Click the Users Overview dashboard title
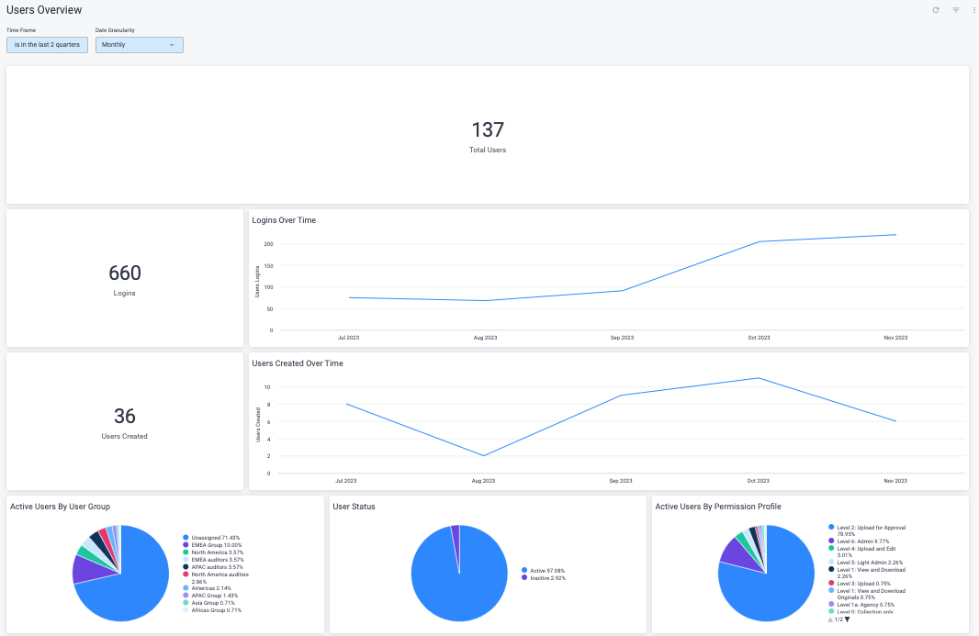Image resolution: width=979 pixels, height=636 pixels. [x=44, y=10]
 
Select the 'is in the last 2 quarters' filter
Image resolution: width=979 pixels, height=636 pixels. [x=47, y=45]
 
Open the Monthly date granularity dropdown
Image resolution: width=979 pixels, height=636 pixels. [x=139, y=45]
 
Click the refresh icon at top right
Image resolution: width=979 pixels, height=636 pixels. [x=936, y=10]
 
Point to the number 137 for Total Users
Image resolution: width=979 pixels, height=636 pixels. [x=488, y=129]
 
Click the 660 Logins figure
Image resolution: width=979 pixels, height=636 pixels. [x=125, y=273]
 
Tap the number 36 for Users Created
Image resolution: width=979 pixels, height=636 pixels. [x=125, y=416]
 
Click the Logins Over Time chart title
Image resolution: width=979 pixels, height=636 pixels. [x=284, y=220]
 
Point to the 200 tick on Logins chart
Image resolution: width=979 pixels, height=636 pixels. [x=268, y=244]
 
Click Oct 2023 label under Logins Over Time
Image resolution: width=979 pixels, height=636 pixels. [x=759, y=338]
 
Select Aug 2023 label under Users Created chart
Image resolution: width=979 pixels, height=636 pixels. [x=483, y=481]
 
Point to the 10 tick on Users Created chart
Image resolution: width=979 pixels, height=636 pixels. [x=266, y=387]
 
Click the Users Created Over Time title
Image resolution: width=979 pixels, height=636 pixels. [x=298, y=363]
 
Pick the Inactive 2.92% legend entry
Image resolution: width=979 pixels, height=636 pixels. [x=548, y=577]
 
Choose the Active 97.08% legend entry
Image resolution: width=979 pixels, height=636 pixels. [x=546, y=570]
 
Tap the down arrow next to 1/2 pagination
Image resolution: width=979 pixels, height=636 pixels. [x=847, y=619]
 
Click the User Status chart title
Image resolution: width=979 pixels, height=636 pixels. [x=354, y=507]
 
